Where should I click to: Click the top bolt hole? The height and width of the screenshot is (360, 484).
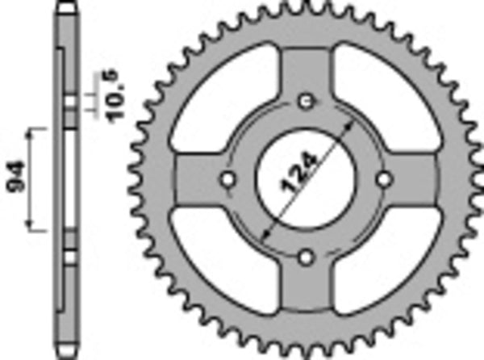[x=307, y=102]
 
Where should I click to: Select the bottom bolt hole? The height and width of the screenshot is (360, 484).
[x=307, y=256]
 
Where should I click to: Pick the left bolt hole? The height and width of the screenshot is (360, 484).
[x=228, y=178]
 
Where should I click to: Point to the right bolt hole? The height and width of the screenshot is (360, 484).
[x=384, y=178]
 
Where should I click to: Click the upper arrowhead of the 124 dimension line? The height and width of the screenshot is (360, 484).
[x=348, y=122]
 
